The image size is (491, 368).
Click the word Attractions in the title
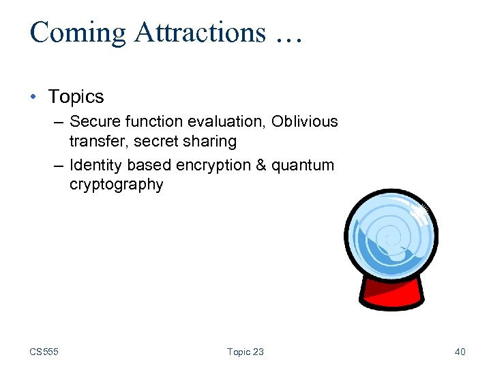tap(193, 33)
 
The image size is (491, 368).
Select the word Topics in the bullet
tap(76, 97)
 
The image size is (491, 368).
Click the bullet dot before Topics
tap(34, 97)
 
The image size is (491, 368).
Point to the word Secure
tap(94, 121)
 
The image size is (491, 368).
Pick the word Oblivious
tap(304, 121)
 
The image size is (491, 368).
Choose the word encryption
tap(213, 165)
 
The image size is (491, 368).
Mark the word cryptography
tap(116, 185)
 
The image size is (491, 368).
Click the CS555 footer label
tap(44, 352)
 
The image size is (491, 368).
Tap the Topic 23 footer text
tap(245, 352)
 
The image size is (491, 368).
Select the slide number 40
tap(460, 352)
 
